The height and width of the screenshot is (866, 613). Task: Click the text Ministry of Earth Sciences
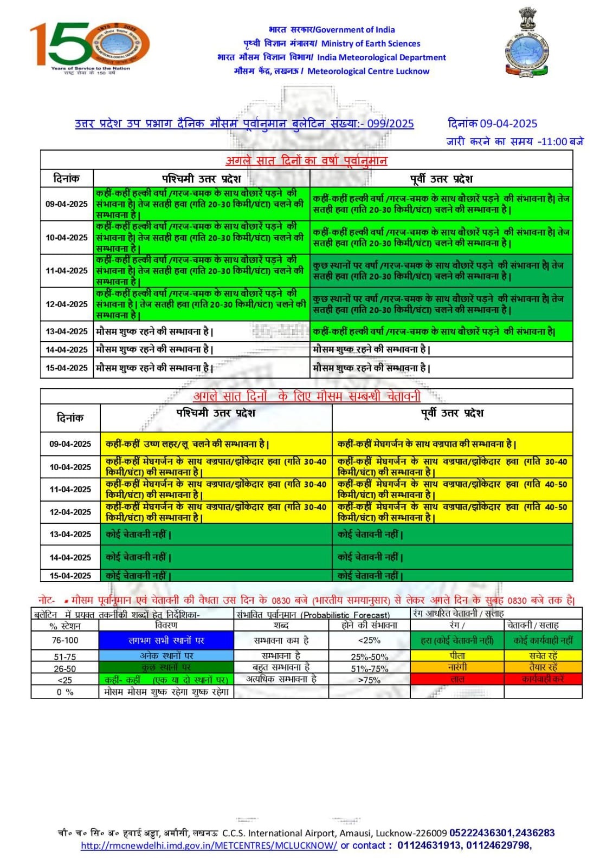(371, 44)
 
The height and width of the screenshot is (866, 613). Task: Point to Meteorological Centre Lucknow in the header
(368, 71)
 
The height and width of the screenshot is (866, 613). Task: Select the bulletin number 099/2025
(390, 123)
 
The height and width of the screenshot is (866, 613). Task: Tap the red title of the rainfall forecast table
(306, 160)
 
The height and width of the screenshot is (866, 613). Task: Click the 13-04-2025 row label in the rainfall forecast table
(67, 331)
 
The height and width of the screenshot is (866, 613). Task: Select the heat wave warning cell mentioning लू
(188, 444)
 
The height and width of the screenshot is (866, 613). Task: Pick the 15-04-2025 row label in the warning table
(70, 576)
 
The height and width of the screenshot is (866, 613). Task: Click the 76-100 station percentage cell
(65, 640)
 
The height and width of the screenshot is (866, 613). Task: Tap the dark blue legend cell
(166, 640)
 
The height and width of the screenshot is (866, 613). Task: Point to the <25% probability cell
(369, 640)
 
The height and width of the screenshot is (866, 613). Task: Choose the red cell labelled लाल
(457, 679)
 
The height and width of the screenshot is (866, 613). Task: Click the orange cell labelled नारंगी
(457, 667)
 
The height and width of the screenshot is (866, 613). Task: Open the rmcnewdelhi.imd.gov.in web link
(209, 845)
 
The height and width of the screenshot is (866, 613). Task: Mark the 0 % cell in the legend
(65, 692)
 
